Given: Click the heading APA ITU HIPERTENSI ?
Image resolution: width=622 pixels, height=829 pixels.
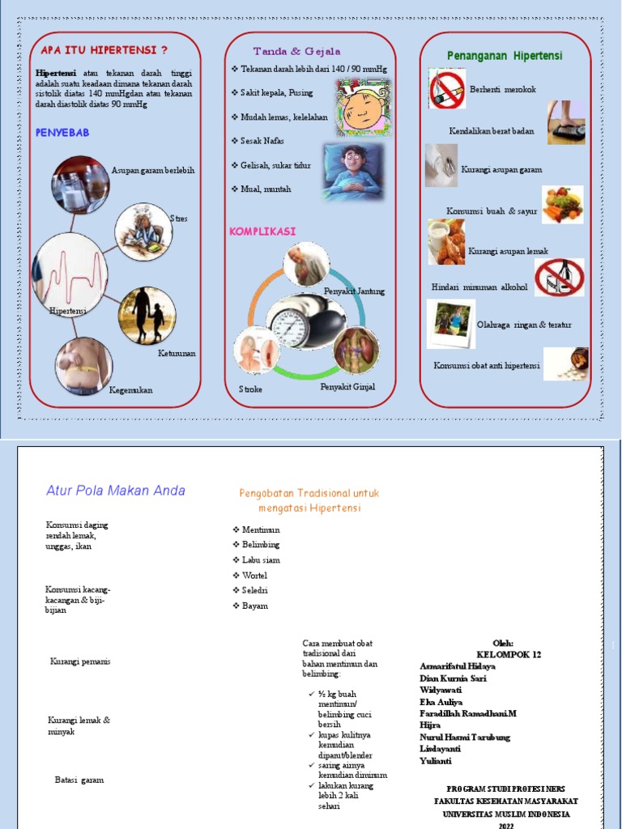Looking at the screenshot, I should point(104,50).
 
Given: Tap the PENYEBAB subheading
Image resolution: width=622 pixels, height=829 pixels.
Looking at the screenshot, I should point(63,132).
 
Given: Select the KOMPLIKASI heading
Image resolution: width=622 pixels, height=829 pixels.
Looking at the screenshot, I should point(262,232).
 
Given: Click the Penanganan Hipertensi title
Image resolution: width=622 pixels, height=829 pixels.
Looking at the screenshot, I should point(505,55).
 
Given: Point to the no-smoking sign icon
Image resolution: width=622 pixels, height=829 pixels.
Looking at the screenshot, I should point(447,89).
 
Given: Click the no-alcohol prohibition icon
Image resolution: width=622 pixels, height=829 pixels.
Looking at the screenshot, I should point(559,277).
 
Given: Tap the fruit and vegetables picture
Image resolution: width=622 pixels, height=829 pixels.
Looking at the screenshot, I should point(563,205).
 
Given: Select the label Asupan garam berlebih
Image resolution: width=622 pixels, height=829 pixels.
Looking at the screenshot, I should point(153,171).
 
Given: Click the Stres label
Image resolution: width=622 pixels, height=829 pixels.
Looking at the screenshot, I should point(178,219).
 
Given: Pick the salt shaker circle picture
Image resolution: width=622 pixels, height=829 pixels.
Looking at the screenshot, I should point(80,184).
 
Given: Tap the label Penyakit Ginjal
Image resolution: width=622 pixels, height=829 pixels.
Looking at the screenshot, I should point(347,387).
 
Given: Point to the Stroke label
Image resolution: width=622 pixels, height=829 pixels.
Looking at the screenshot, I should point(251,389).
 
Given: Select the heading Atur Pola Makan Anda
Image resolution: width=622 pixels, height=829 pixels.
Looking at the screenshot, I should point(116,490).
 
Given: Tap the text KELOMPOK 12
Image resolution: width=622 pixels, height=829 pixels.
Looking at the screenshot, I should point(509,654).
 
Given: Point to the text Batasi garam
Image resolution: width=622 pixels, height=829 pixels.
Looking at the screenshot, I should point(79,780).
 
